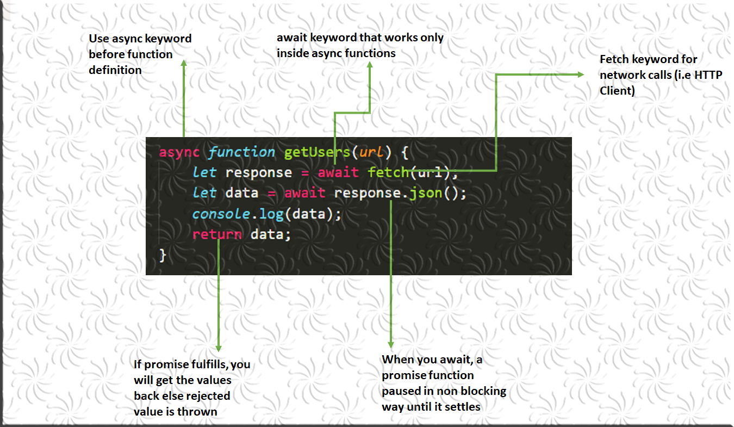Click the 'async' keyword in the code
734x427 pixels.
click(179, 152)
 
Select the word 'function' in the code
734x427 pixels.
click(241, 152)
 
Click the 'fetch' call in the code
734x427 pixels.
click(388, 173)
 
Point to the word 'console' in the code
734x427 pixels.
click(221, 214)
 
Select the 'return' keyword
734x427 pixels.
click(217, 235)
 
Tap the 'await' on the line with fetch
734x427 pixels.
click(338, 173)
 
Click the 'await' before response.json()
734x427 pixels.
click(304, 194)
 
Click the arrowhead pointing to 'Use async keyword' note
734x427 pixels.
click(184, 64)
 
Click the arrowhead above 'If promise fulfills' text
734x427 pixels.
click(219, 348)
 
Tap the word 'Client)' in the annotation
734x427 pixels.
click(617, 91)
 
